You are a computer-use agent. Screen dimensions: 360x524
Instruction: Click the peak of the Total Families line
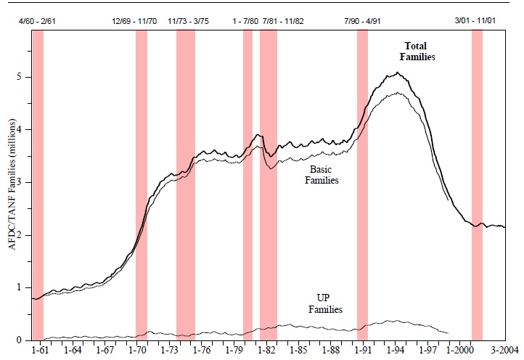(x=397, y=73)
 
